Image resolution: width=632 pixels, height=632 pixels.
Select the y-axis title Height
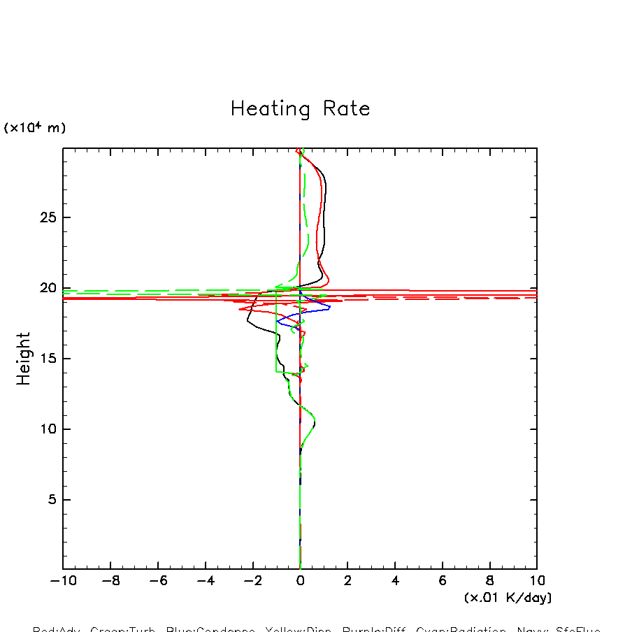pyautogui.click(x=24, y=359)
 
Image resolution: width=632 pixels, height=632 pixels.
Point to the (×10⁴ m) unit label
pyautogui.click(x=35, y=128)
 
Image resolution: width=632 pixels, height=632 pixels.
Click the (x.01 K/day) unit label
pyautogui.click(x=508, y=598)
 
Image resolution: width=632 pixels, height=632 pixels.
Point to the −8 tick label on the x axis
pyautogui.click(x=107, y=581)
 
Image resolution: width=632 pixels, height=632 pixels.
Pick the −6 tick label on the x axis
pyautogui.click(x=155, y=581)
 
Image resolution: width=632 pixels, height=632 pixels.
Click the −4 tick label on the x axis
pyautogui.click(x=202, y=581)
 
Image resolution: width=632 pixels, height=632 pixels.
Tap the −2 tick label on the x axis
pyautogui.click(x=250, y=581)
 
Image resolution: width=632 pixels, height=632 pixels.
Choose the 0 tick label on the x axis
pyautogui.click(x=300, y=581)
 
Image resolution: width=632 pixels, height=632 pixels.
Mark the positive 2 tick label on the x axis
pyautogui.click(x=347, y=581)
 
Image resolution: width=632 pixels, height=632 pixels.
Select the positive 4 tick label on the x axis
pyautogui.click(x=395, y=581)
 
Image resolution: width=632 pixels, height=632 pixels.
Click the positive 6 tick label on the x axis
pyautogui.click(x=443, y=581)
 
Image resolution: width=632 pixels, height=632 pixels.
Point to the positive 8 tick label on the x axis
pyautogui.click(x=489, y=581)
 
